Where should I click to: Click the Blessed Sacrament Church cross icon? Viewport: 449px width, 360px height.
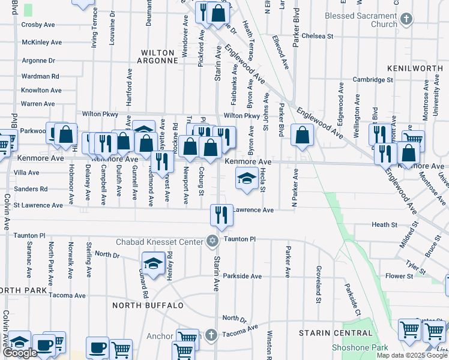pos(406,19)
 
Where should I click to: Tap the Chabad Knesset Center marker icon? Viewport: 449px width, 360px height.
pos(211,241)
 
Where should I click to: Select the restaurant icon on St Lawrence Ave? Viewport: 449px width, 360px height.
pos(221,214)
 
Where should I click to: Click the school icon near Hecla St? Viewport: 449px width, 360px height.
pos(247,178)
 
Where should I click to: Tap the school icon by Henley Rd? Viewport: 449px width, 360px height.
pos(153,263)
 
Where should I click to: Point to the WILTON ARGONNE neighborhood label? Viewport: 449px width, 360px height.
pos(158,56)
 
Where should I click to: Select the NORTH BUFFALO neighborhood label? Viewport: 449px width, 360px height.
pos(148,305)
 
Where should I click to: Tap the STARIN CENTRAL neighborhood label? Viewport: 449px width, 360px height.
pos(336,332)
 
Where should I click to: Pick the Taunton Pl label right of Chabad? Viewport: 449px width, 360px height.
pos(240,239)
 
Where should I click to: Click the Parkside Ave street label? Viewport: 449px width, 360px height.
pos(243,276)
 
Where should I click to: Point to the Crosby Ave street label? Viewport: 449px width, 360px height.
pos(38,25)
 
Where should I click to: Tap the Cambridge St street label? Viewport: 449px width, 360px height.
pos(373,79)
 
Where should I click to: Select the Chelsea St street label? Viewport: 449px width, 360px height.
pos(318,36)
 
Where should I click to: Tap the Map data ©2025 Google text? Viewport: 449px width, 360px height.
pos(412,355)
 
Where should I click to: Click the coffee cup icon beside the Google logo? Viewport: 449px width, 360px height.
pos(44,345)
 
